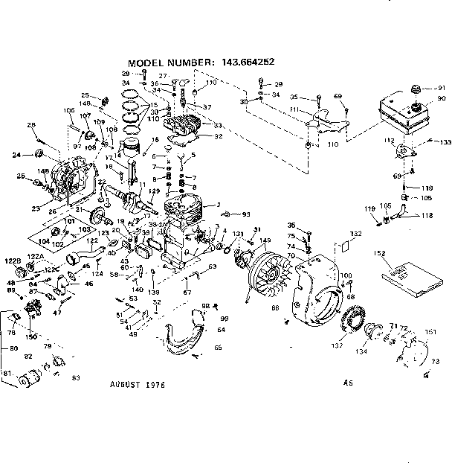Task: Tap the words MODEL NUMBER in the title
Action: click(x=171, y=63)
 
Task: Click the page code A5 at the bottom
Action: click(x=347, y=384)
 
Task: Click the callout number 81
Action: click(x=7, y=372)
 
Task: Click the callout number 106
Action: click(x=69, y=111)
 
